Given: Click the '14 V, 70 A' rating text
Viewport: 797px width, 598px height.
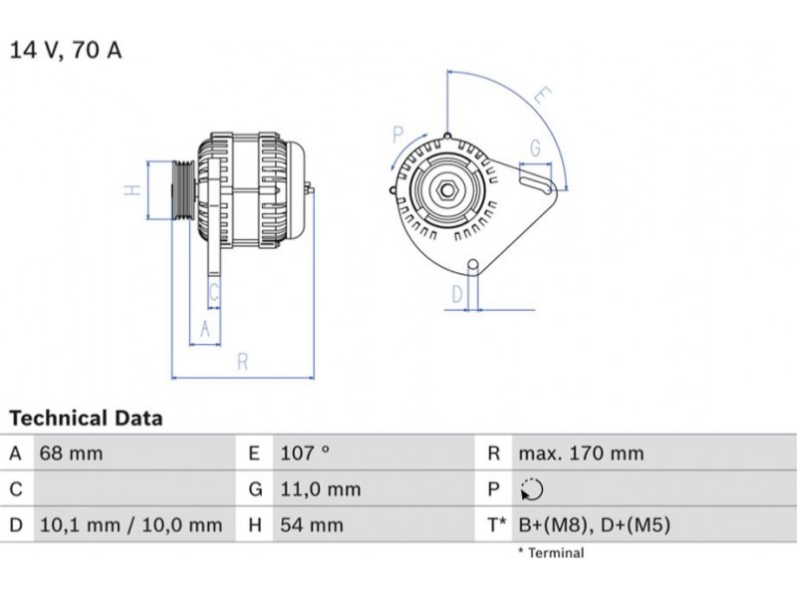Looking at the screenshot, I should click(66, 50).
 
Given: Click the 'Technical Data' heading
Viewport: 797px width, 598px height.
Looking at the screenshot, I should click(86, 419).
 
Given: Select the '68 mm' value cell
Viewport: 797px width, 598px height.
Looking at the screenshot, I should click(71, 453).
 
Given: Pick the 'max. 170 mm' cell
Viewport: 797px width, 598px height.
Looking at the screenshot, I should click(581, 453).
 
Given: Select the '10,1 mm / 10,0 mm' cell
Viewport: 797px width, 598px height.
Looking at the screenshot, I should click(131, 524).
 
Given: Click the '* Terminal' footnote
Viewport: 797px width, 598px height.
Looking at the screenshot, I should click(550, 552).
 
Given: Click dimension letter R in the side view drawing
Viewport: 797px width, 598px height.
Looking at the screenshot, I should click(242, 363).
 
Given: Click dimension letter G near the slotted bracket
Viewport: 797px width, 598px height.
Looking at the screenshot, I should click(535, 149).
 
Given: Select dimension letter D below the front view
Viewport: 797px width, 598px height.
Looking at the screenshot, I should click(457, 294).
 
